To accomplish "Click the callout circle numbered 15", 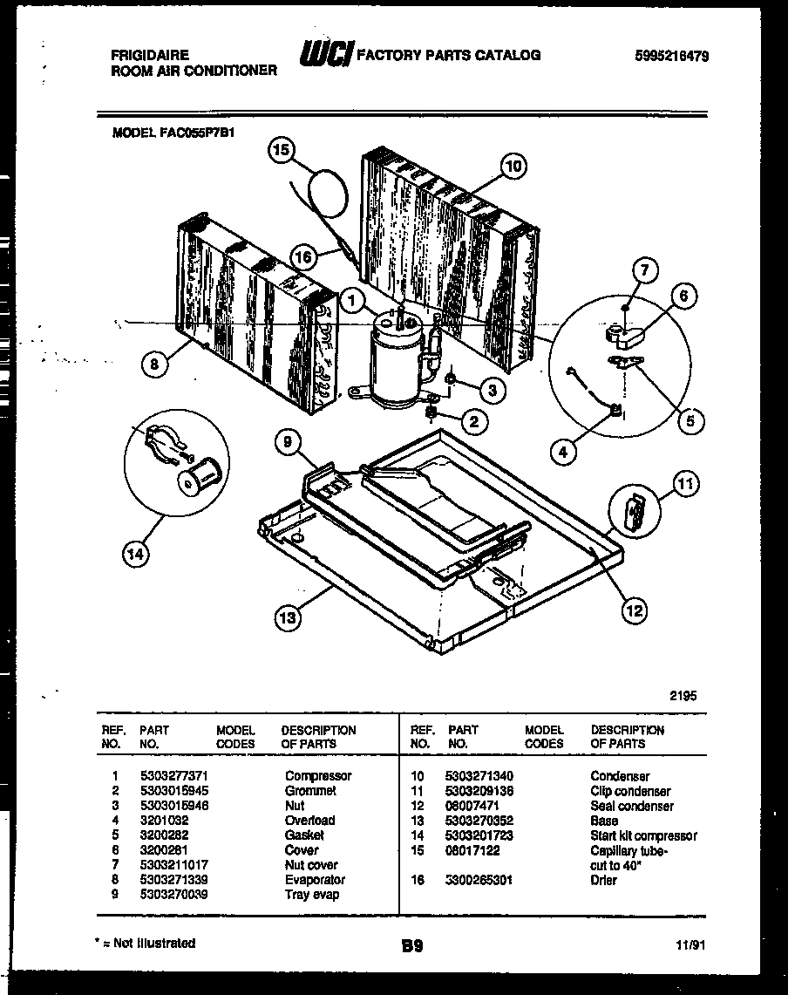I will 281,150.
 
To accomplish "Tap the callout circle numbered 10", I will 514,167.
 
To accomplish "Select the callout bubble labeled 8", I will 153,366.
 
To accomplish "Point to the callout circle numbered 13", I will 287,618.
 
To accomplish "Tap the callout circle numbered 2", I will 473,423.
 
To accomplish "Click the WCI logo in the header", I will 325,56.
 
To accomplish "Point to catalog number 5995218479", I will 671,56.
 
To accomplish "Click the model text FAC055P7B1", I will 174,133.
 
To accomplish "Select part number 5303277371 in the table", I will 173,776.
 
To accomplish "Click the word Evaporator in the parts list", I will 315,880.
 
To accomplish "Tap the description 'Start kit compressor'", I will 643,835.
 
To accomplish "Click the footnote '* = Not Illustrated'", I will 145,943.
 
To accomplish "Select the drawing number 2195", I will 683,696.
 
